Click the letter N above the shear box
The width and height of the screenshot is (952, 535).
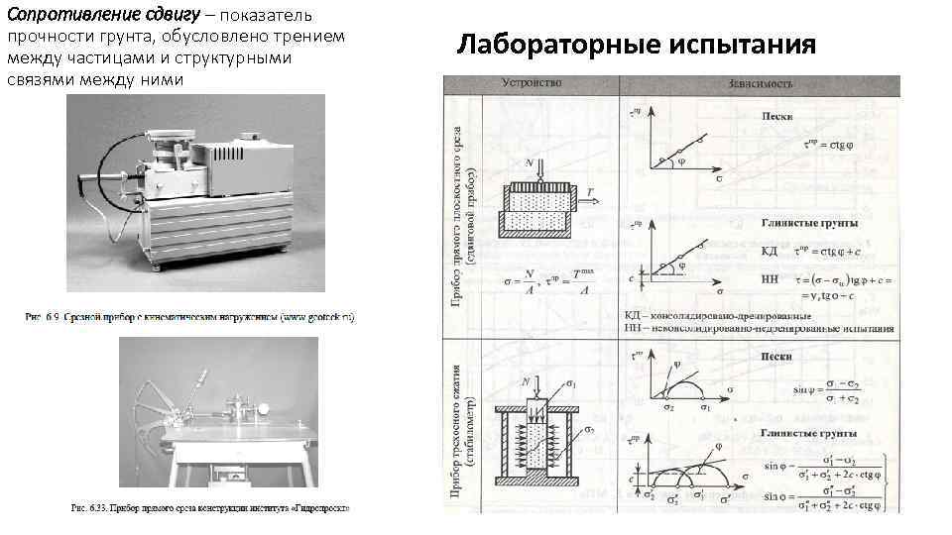[x=530, y=161]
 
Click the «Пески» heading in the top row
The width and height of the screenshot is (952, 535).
[x=776, y=116]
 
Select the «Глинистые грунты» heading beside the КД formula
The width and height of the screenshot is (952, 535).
[x=809, y=224]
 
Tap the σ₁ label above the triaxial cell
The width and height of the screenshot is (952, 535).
[x=570, y=382]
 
